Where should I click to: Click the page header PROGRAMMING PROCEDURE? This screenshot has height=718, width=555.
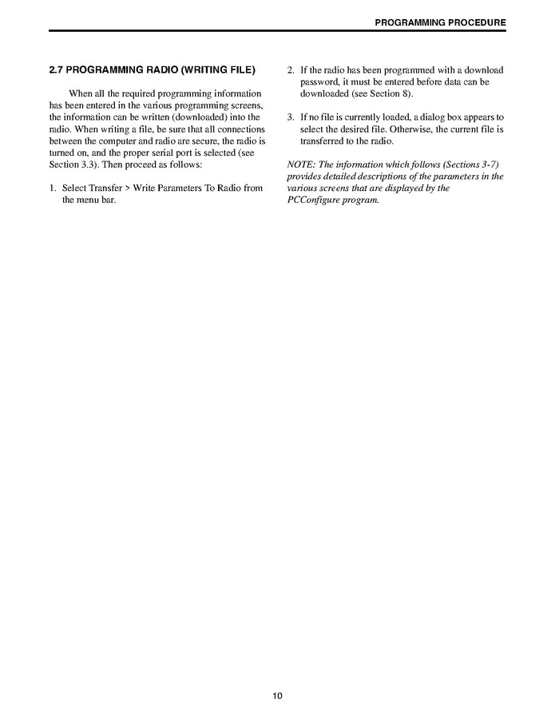(440, 22)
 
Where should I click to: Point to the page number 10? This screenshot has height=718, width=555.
(277, 696)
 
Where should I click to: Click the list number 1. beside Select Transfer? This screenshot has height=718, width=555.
(53, 188)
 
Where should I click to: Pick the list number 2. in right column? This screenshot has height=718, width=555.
(291, 70)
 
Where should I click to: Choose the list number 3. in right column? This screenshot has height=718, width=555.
(291, 117)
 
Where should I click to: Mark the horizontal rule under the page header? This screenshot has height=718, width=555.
(277, 30)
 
